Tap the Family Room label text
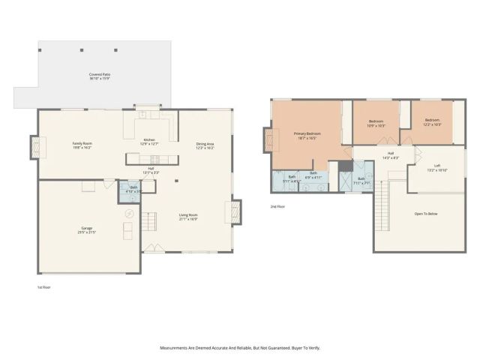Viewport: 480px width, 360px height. click(82, 145)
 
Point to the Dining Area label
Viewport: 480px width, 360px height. click(205, 145)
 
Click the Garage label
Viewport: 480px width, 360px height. click(88, 229)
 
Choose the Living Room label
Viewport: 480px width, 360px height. click(187, 217)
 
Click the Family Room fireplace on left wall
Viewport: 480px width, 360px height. click(34, 146)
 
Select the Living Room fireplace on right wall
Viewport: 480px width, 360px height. click(238, 211)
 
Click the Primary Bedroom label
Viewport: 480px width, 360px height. click(306, 136)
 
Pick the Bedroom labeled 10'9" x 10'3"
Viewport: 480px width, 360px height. click(376, 123)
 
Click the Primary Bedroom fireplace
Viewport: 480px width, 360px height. click(266, 140)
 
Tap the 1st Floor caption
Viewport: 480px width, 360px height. click(44, 287)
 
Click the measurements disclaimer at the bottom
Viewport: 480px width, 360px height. click(240, 347)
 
